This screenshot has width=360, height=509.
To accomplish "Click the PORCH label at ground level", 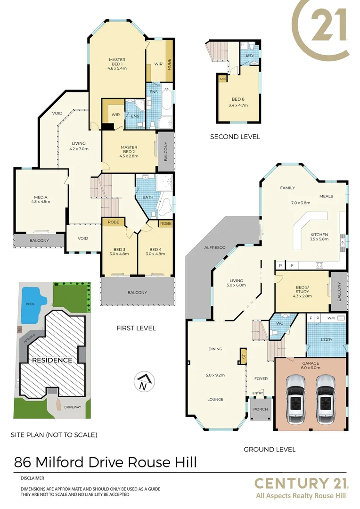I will coord(260,409).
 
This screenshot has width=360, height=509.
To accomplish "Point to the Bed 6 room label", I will coord(238,99).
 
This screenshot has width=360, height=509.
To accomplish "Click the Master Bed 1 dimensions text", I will coord(117,68).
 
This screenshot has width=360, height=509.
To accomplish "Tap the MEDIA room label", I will coord(41,197).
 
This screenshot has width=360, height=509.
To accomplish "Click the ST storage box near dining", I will coord(244,355).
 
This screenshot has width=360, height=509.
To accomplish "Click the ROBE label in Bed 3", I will coord(113,222).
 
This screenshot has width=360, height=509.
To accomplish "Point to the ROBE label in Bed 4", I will coord(165,223).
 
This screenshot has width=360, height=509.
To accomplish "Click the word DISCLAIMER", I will coord(32,478).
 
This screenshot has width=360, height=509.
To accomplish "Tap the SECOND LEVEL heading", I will coord(235,137).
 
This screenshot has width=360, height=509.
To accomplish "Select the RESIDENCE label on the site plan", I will coord(52,360).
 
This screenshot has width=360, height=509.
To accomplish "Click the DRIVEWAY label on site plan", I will coord(73,406).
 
